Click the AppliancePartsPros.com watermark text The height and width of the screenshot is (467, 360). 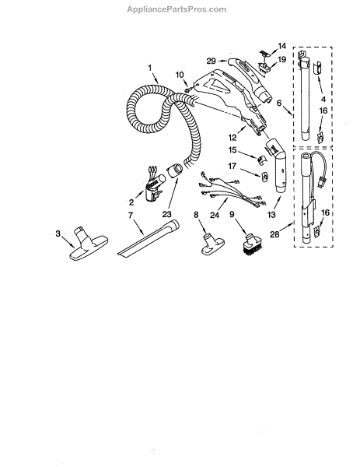(177, 9)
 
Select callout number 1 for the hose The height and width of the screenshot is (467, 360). (150, 68)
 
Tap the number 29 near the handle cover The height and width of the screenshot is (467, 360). (211, 61)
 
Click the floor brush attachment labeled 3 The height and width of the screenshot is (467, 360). (89, 243)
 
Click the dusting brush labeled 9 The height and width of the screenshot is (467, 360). (252, 245)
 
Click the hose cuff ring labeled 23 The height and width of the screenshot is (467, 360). (176, 170)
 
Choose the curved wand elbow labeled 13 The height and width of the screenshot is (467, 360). (277, 167)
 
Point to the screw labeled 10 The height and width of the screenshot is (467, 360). (187, 90)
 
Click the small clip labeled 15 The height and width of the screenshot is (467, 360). (261, 160)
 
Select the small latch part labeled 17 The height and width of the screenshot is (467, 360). (264, 177)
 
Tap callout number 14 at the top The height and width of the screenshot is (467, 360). (281, 46)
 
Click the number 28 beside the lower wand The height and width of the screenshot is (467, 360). (274, 234)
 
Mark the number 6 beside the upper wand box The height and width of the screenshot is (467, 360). (279, 103)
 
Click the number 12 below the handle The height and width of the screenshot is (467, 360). (232, 138)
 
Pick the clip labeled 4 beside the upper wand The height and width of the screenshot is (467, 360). (317, 68)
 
